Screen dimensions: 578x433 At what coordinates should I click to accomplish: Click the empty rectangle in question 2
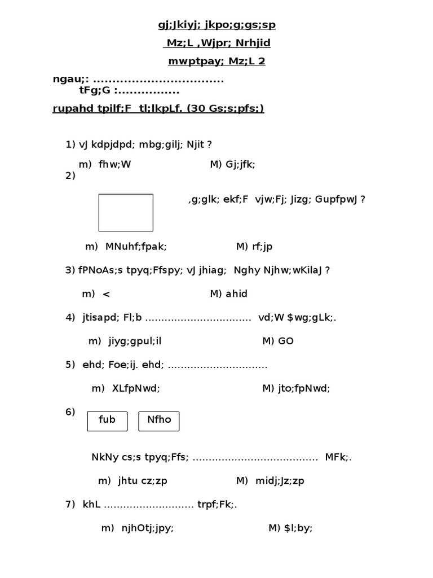pyautogui.click(x=126, y=213)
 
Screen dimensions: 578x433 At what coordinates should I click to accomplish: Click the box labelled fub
pyautogui.click(x=107, y=421)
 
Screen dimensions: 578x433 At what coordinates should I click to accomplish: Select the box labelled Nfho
pyautogui.click(x=159, y=421)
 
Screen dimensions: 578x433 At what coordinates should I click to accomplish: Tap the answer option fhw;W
pyautogui.click(x=114, y=164)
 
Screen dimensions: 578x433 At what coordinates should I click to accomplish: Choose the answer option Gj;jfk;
pyautogui.click(x=241, y=164)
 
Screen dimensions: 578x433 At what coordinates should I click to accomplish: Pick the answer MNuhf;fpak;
pyautogui.click(x=136, y=246)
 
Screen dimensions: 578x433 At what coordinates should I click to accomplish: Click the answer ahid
pyautogui.click(x=236, y=294)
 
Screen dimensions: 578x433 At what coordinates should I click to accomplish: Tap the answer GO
pyautogui.click(x=286, y=341)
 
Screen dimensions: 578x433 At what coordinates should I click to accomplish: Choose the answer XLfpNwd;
pyautogui.click(x=136, y=388)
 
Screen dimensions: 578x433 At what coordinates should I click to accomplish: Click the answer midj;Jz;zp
pyautogui.click(x=280, y=481)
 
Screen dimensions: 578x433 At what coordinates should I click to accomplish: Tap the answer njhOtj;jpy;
pyautogui.click(x=148, y=528)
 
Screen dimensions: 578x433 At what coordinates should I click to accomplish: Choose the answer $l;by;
pyautogui.click(x=298, y=528)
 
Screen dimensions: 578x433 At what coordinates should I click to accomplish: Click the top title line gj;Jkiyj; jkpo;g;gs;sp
pyautogui.click(x=216, y=25)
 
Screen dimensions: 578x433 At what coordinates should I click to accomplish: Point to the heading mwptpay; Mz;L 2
pyautogui.click(x=216, y=62)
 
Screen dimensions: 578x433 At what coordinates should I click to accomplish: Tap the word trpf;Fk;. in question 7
pyautogui.click(x=217, y=504)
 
